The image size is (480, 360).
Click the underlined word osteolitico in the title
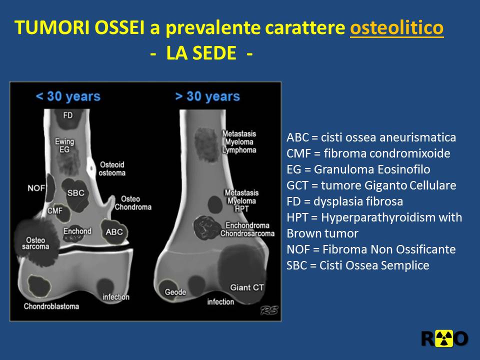(x=396, y=27)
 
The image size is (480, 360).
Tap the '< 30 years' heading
(x=68, y=96)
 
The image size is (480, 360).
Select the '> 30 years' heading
(x=207, y=96)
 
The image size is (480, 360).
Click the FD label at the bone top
(x=68, y=115)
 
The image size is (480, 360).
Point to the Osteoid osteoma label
(x=112, y=168)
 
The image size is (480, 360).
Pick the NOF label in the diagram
(x=36, y=188)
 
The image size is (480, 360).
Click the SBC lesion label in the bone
(x=75, y=193)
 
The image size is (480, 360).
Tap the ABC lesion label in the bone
(x=114, y=232)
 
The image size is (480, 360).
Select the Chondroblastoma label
(x=51, y=306)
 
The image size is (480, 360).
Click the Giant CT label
(x=246, y=287)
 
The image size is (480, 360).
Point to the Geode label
(x=175, y=292)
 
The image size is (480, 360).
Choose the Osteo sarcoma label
(x=35, y=243)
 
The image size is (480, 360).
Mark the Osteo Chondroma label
(x=133, y=203)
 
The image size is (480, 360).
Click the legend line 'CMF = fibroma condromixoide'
(x=368, y=153)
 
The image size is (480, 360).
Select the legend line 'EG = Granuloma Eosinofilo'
(x=358, y=169)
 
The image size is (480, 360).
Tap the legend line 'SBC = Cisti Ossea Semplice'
(x=358, y=265)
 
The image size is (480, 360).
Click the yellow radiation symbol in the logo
(x=444, y=338)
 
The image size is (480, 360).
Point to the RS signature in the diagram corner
(x=269, y=310)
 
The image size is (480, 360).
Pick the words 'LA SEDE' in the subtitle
(x=201, y=53)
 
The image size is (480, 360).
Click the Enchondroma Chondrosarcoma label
(x=247, y=229)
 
